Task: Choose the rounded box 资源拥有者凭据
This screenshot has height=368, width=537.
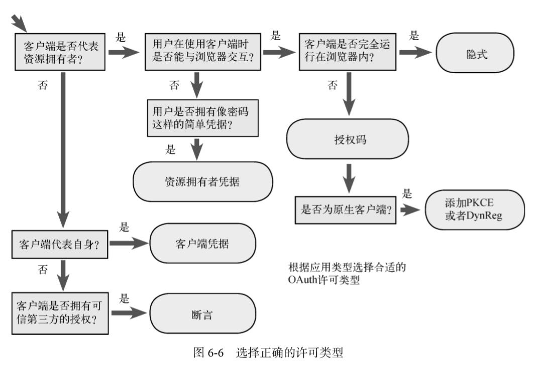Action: (x=202, y=181)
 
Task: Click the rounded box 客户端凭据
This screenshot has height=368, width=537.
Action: (x=202, y=243)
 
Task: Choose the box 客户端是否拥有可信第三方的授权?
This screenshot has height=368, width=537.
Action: (x=60, y=313)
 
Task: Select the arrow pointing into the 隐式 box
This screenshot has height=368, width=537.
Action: (x=417, y=54)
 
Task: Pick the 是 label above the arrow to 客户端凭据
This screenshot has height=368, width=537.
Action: (x=124, y=227)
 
